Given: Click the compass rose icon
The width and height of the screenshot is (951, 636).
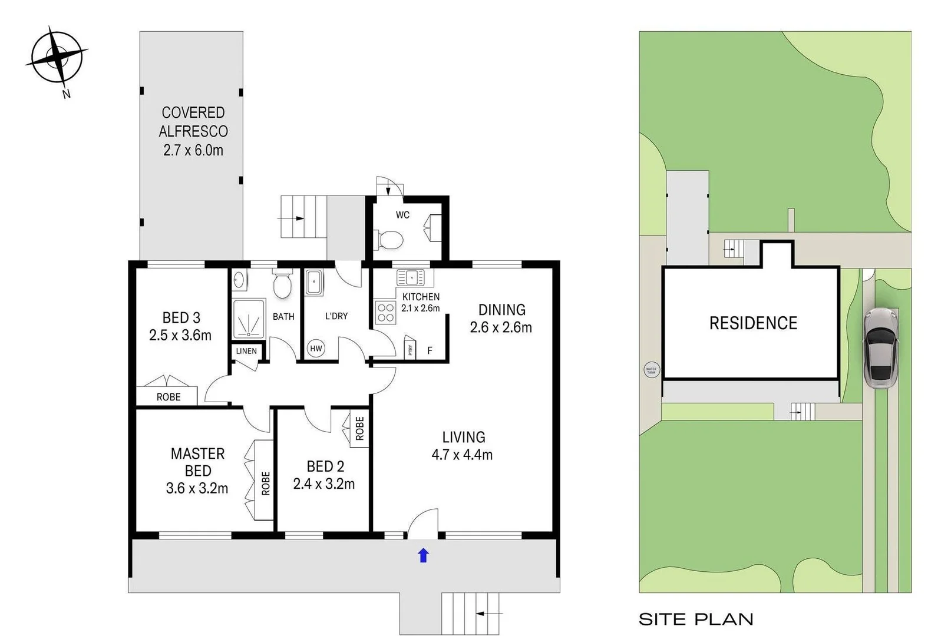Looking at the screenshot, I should [58, 58].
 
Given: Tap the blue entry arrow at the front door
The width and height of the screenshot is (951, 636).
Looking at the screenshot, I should [423, 555].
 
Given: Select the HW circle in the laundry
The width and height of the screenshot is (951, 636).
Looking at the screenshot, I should [316, 348].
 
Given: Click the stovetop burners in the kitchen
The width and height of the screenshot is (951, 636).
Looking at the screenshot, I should [386, 313].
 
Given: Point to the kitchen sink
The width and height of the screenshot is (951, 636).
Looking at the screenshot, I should [411, 277].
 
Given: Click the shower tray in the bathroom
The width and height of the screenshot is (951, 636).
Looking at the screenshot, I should [249, 320].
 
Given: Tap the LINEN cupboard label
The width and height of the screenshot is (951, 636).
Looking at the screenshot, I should [246, 351].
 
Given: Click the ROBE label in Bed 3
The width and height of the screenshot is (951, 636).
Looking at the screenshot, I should [169, 397].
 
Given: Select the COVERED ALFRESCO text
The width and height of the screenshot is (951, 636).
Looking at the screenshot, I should [193, 122].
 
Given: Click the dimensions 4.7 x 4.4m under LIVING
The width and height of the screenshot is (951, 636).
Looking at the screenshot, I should [462, 455].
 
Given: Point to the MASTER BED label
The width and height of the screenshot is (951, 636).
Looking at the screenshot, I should [197, 462].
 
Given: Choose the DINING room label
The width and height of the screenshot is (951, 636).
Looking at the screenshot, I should [501, 310].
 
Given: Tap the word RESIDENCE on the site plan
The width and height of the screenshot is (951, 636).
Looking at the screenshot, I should [753, 323].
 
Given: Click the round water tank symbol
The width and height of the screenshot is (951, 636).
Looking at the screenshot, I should [651, 370].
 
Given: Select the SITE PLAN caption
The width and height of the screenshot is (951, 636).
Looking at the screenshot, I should [696, 620].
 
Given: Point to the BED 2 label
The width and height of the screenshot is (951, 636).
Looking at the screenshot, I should [325, 466].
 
